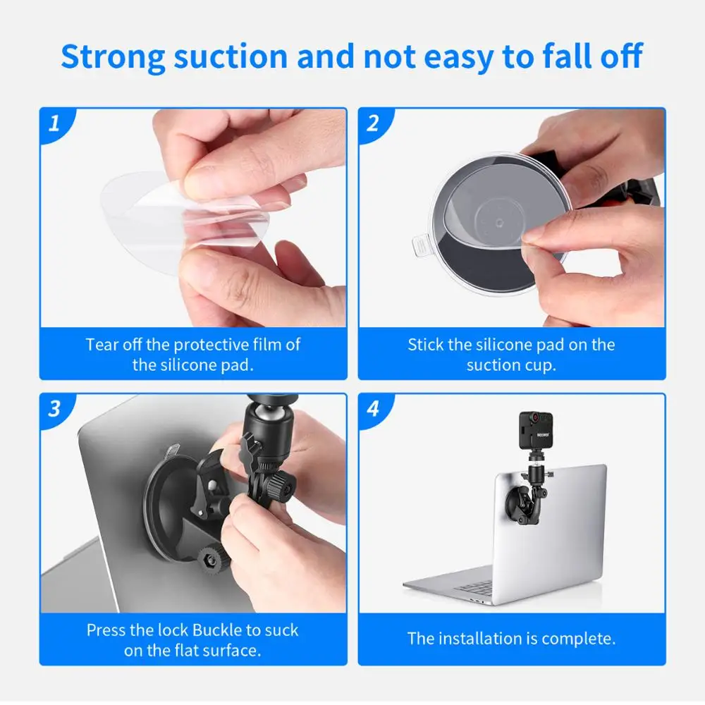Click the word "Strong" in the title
pos(114,57)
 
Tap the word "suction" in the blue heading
pos(231,56)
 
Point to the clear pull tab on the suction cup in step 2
pos(422,245)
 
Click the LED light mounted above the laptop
pos(536,430)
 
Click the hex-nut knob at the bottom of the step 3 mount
pos(213,560)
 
